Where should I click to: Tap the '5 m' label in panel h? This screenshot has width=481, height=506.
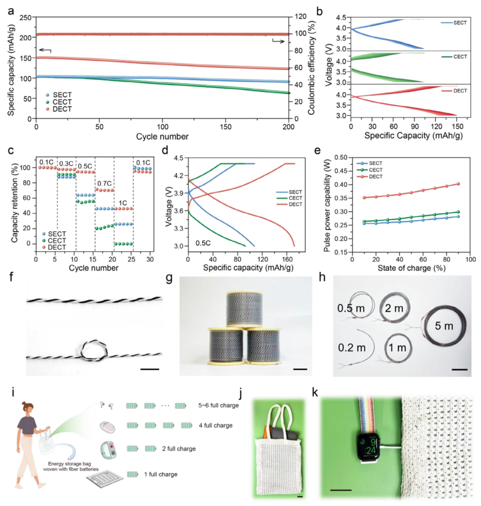tap(444, 326)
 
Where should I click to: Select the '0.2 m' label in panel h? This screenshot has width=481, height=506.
tap(351, 348)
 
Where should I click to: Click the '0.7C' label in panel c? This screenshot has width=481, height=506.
tap(104, 183)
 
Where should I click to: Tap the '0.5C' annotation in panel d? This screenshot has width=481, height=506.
tap(203, 243)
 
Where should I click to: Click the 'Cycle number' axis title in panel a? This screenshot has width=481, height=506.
tap(162, 137)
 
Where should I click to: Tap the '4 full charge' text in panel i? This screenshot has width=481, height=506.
tap(215, 425)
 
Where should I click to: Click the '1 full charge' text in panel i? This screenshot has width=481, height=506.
tap(161, 474)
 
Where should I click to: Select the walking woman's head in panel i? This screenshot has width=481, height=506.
tap(28, 408)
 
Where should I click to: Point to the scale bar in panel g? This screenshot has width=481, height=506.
tap(300, 369)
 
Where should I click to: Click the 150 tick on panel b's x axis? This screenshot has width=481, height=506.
tap(457, 126)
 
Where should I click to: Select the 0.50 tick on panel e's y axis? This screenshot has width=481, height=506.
tap(341, 157)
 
